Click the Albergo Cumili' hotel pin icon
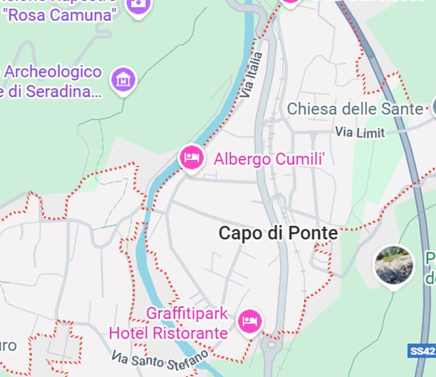coord(191,158)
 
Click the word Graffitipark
coord(187,313)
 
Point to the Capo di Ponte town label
coord(278,233)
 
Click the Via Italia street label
coord(253,75)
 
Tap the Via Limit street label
coord(360,132)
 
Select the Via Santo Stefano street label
coord(160,361)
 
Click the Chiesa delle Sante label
coord(354,108)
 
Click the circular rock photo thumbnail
coord(394,266)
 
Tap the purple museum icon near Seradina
coord(124,79)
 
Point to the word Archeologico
coord(53,72)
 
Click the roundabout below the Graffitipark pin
coord(271,345)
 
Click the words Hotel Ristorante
coord(168,333)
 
